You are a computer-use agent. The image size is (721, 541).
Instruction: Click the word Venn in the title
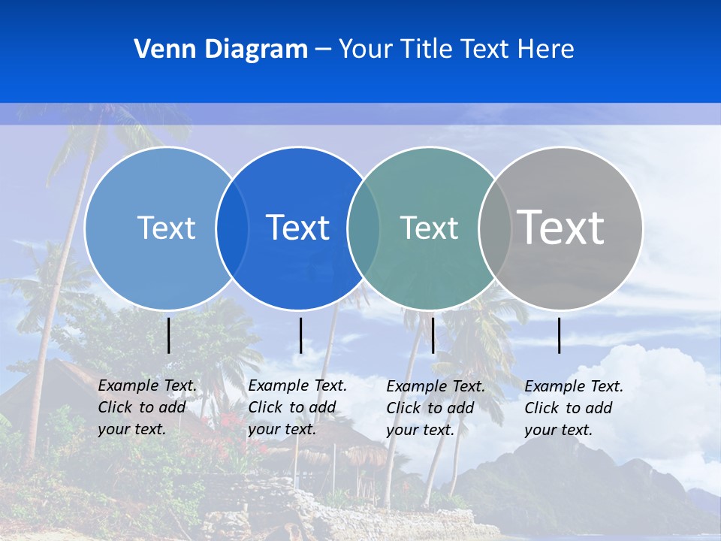pyautogui.click(x=161, y=49)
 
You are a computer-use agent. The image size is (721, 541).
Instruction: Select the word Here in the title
pyautogui.click(x=545, y=49)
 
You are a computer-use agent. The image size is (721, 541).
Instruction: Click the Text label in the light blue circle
pyautogui.click(x=166, y=228)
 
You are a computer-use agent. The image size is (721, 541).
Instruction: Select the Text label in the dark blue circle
pyautogui.click(x=297, y=228)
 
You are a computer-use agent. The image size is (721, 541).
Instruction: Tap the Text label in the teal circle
pyautogui.click(x=429, y=228)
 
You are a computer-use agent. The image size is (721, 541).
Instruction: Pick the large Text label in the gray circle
pyautogui.click(x=560, y=227)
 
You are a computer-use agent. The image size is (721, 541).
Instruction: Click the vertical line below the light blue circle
pyautogui.click(x=169, y=335)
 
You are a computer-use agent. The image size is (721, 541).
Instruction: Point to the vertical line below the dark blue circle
pyautogui.click(x=300, y=335)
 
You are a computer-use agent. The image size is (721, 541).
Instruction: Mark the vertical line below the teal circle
pyautogui.click(x=433, y=335)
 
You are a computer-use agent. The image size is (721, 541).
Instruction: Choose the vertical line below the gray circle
pyautogui.click(x=560, y=335)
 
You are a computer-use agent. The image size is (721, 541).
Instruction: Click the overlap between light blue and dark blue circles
pyautogui.click(x=232, y=228)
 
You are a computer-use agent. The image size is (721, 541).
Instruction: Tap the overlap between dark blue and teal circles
pyautogui.click(x=364, y=228)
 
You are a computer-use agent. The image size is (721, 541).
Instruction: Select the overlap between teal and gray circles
pyautogui.click(x=495, y=228)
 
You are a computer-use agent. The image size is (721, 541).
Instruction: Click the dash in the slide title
pyautogui.click(x=323, y=50)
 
